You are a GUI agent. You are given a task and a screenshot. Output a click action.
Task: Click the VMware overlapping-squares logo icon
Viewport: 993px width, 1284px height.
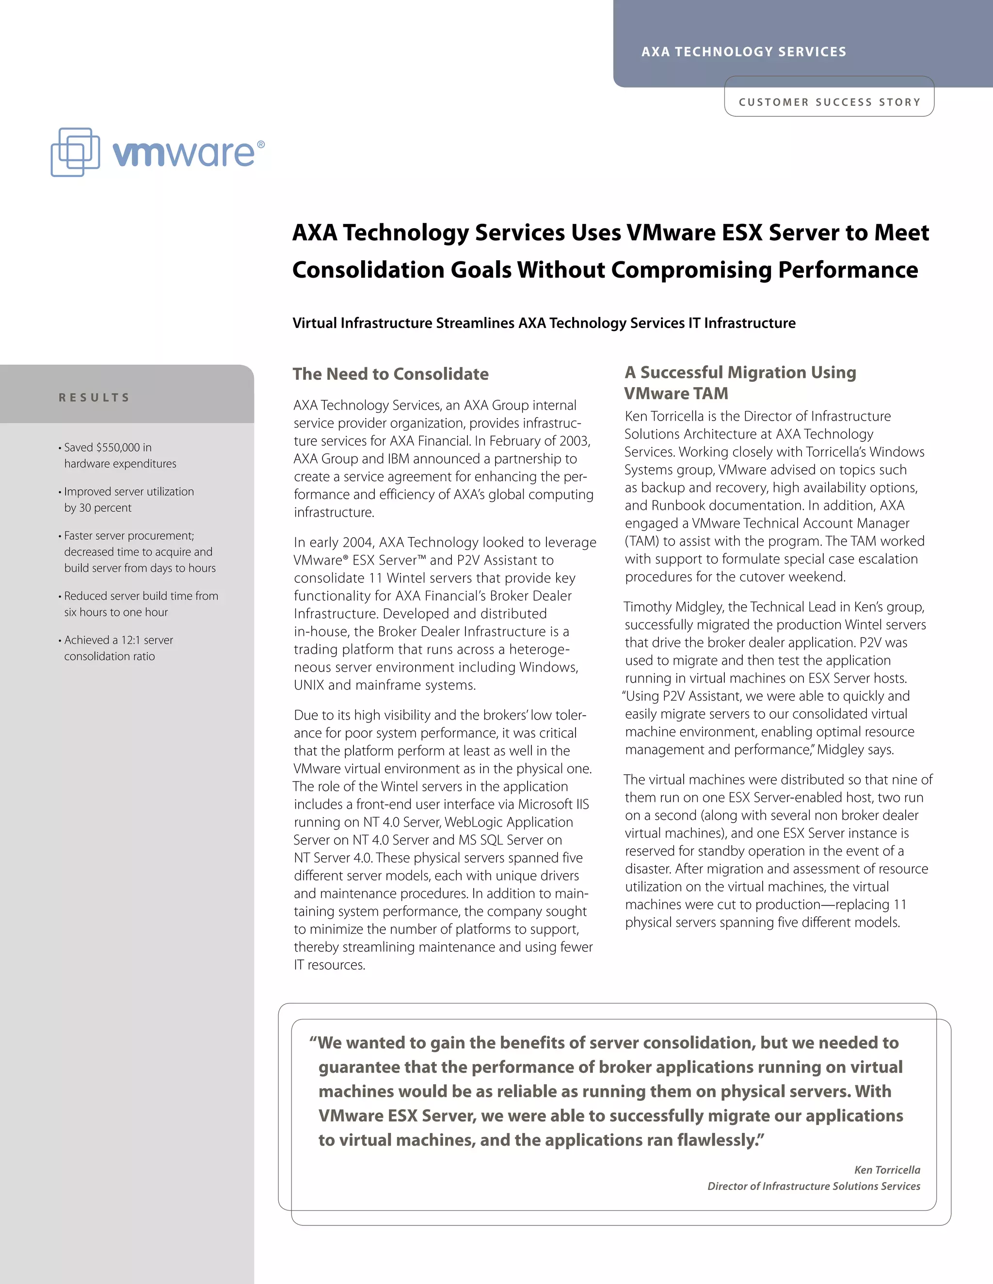(x=75, y=152)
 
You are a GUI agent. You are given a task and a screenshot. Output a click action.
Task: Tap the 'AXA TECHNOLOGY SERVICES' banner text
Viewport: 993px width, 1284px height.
(x=744, y=52)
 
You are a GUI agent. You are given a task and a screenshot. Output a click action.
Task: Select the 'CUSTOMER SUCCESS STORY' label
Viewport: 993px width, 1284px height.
(x=829, y=102)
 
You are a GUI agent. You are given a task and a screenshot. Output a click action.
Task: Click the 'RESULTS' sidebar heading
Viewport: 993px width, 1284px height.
(x=94, y=397)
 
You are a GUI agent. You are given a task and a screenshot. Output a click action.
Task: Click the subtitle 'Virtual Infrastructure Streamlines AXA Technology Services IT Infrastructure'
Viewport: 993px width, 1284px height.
(x=544, y=323)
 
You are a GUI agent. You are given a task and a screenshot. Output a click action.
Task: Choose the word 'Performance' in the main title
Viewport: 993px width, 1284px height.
(x=848, y=270)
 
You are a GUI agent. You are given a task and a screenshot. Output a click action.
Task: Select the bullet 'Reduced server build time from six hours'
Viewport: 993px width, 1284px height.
(x=141, y=604)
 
